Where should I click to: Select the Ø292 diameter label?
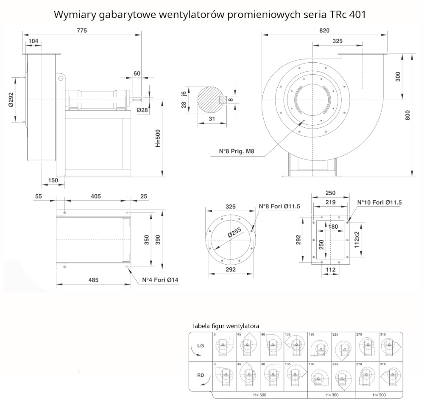[11, 99]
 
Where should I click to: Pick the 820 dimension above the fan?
[324, 30]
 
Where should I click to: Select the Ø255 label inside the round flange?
[234, 235]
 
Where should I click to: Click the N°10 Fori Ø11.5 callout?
[379, 202]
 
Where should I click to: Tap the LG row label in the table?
[201, 345]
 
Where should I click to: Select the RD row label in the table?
[201, 375]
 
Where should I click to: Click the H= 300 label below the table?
[332, 395]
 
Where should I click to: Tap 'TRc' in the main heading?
[338, 14]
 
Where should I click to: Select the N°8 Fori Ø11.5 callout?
[279, 207]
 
